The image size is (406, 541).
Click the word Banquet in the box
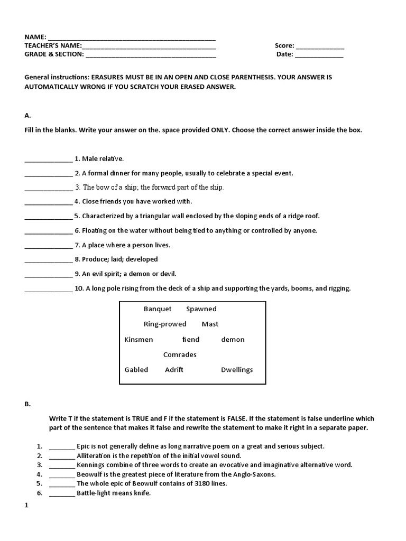(158, 309)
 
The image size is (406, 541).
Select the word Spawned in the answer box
(201, 309)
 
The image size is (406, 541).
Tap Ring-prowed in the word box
(165, 324)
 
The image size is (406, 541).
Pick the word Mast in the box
(210, 324)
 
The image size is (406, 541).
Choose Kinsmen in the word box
(139, 339)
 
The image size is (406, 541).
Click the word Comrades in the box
(180, 355)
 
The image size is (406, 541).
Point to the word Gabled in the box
(136, 369)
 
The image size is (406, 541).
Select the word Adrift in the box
(174, 369)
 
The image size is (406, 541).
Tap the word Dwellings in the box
(237, 369)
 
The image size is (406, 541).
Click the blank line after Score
(320, 47)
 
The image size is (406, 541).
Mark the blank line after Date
(319, 55)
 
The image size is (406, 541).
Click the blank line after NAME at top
(132, 39)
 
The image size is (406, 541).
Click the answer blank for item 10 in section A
(48, 290)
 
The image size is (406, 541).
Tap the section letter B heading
(27, 404)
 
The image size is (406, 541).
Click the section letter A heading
(27, 115)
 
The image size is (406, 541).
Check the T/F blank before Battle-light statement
(62, 495)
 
